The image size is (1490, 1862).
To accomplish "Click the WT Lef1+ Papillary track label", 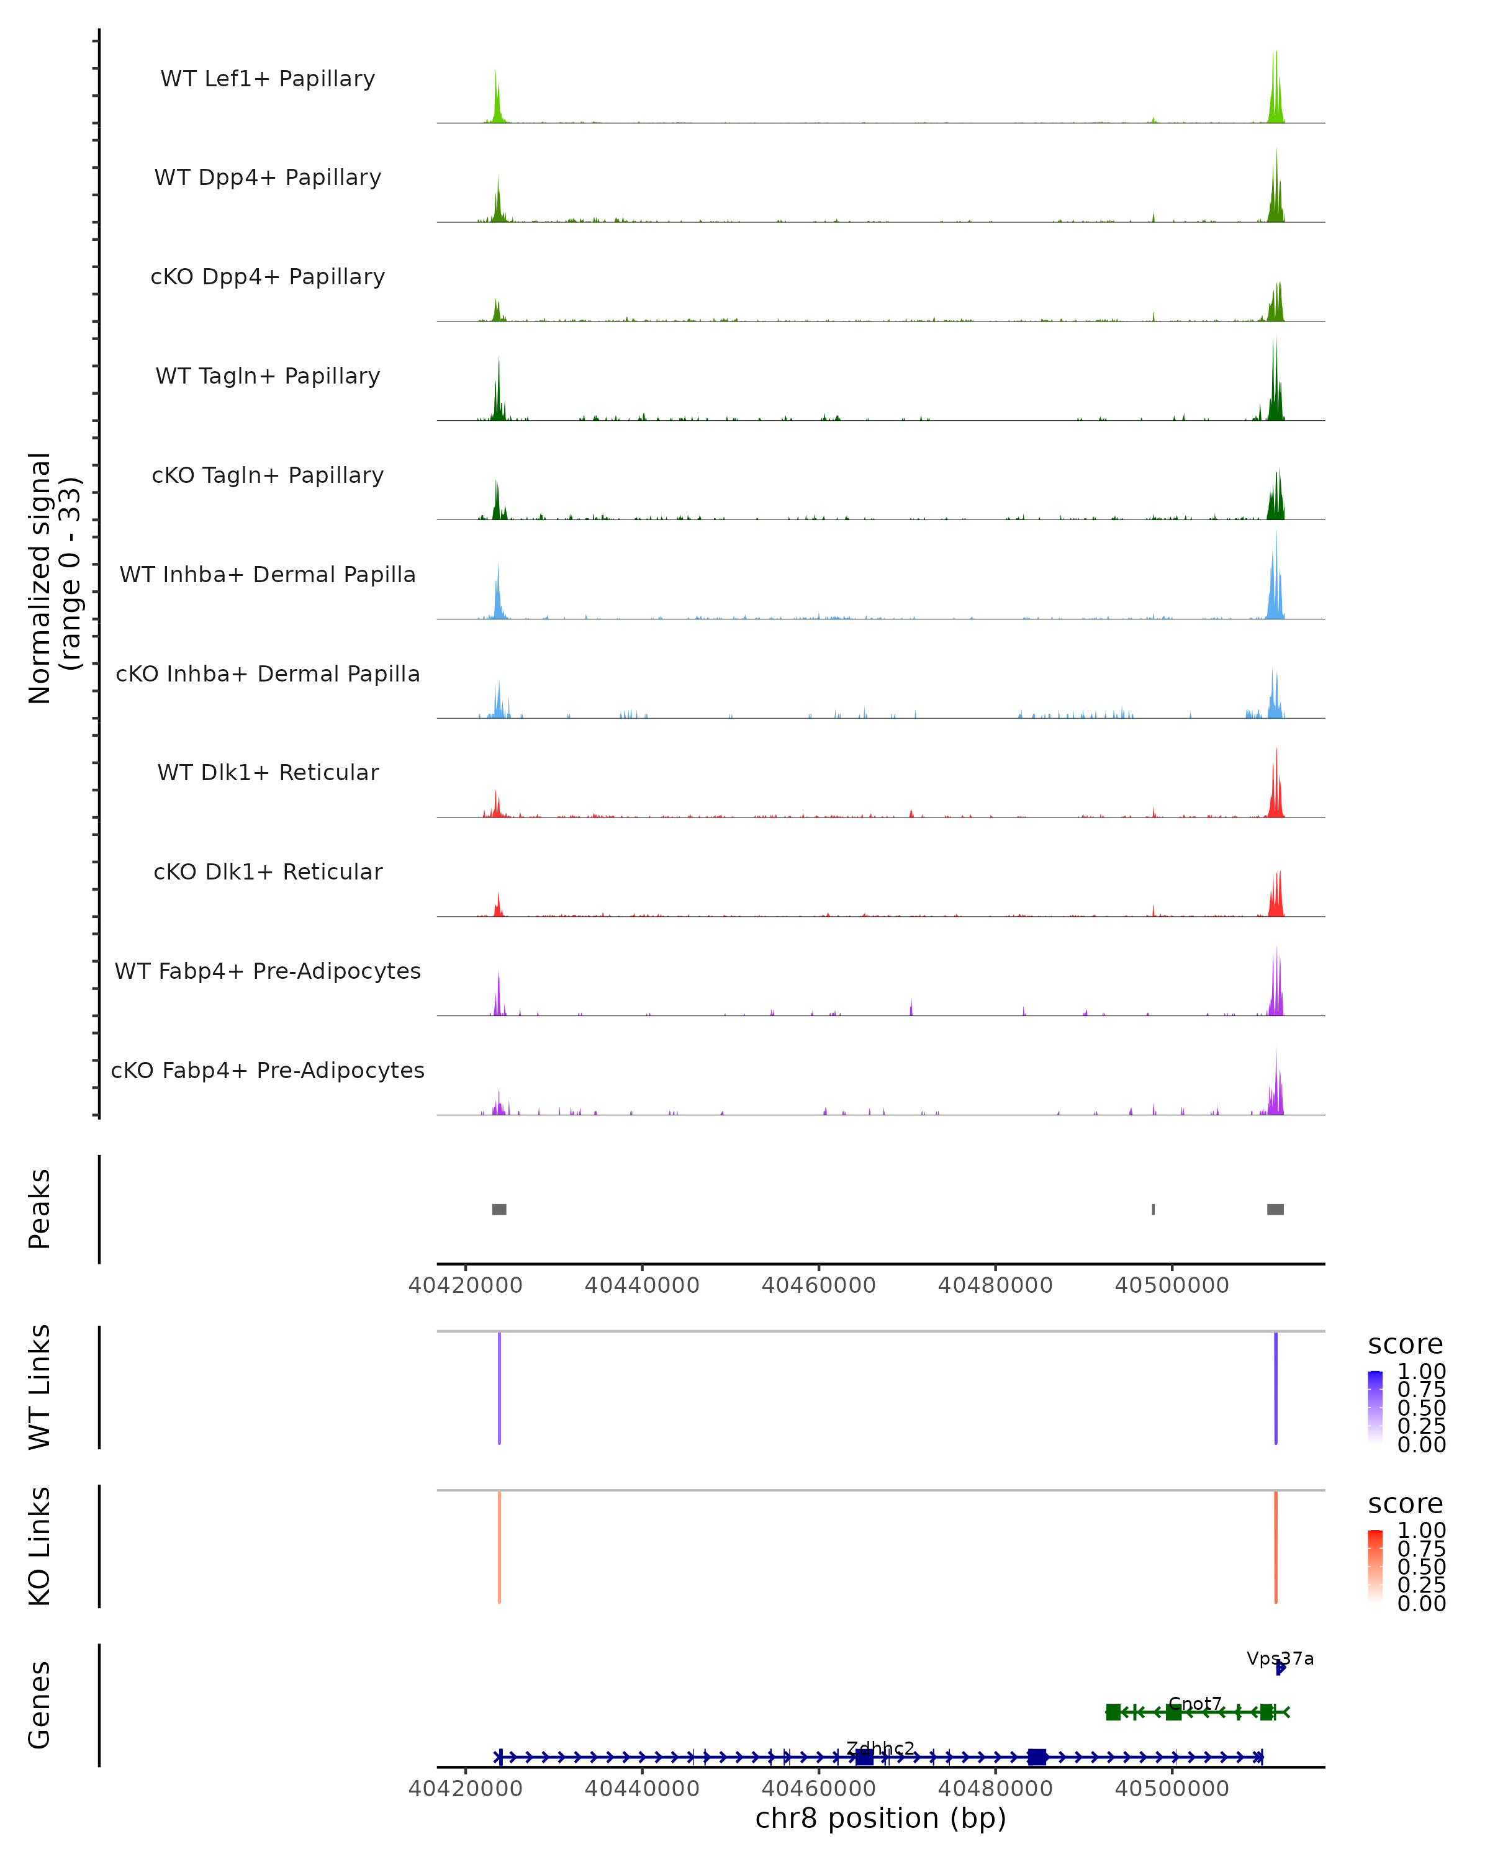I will coord(268,79).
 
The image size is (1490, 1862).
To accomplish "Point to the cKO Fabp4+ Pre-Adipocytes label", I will coord(268,1070).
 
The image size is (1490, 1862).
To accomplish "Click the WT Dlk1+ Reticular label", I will coord(268,772).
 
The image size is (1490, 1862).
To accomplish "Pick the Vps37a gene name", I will coord(1280,1658).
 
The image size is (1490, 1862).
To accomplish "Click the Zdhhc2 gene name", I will coord(880,1749).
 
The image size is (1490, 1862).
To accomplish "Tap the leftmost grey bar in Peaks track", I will coord(499,1209).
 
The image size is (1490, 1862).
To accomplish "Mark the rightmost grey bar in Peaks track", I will coord(1275,1209).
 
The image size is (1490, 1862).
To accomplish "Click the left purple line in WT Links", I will coord(499,1388).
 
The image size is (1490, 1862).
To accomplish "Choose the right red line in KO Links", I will coord(1276,1547).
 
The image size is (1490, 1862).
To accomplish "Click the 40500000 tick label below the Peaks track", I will coord(1172,1285).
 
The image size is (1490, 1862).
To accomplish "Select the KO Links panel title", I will coord(40,1546).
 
